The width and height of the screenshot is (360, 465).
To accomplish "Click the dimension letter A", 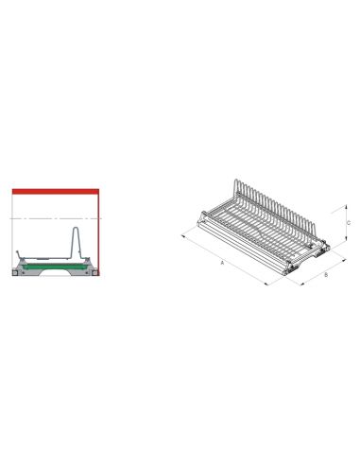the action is (x=222, y=263).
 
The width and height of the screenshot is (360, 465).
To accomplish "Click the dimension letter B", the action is (x=326, y=275).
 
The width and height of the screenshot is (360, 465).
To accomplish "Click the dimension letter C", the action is (x=349, y=223).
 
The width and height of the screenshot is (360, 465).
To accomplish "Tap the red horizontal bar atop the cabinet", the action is (x=56, y=192).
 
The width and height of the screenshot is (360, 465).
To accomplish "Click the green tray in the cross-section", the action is (x=56, y=267).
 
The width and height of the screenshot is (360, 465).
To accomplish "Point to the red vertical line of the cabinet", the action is (x=98, y=234).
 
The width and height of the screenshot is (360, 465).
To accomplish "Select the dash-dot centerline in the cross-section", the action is (x=56, y=218).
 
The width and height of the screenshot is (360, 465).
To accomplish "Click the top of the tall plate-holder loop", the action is (x=76, y=228).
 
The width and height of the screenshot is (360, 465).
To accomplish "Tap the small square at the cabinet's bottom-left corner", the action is (x=15, y=273).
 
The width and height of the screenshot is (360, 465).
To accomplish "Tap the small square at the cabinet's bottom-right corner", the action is (x=95, y=273).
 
